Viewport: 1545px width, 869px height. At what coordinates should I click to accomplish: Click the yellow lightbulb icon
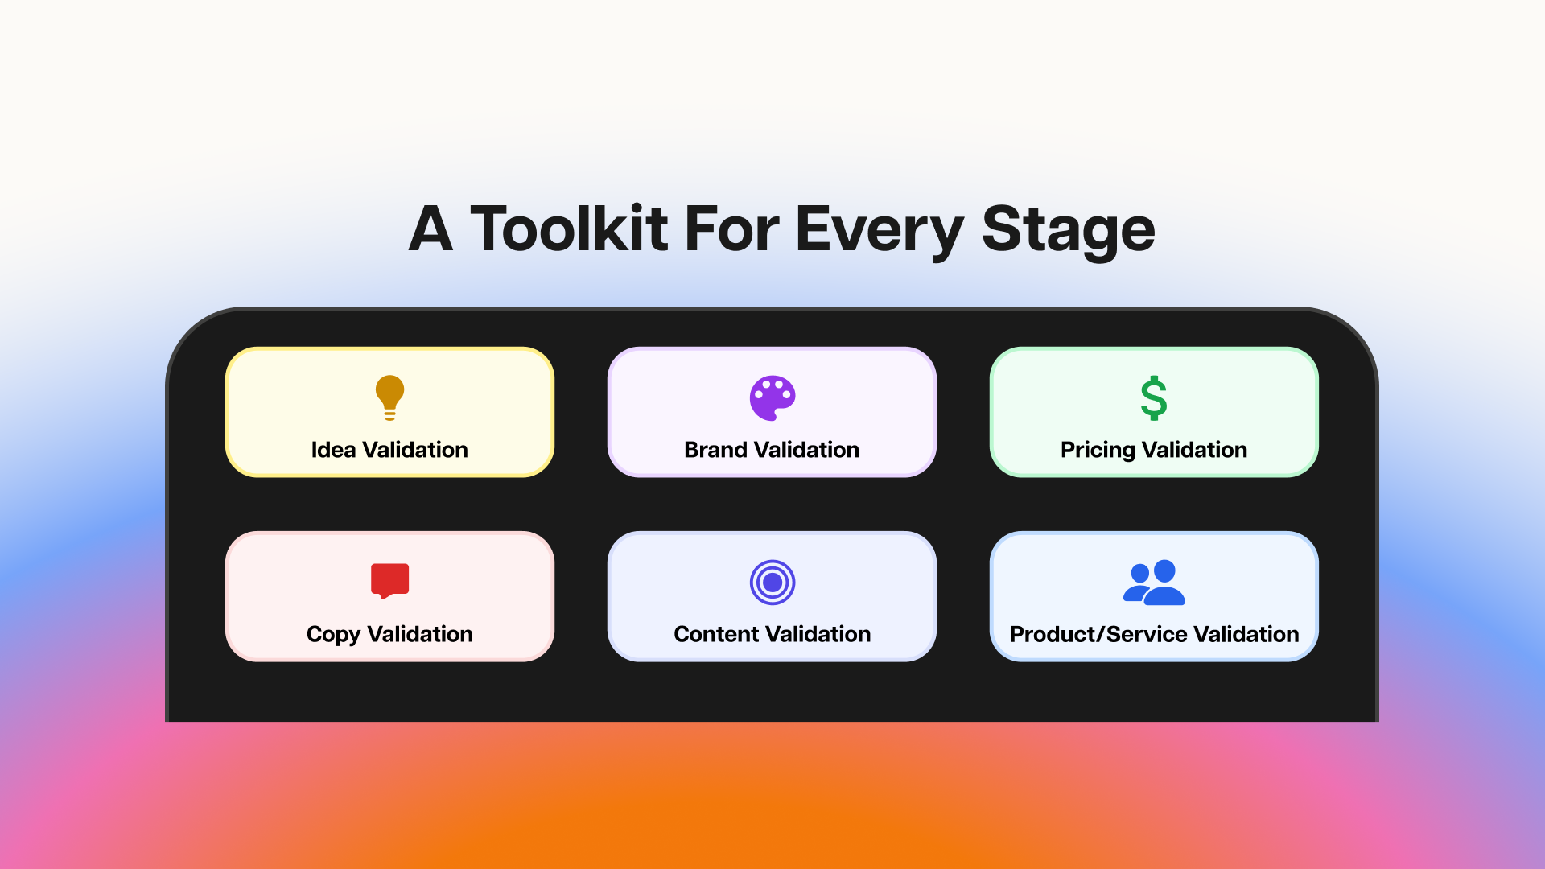(x=389, y=397)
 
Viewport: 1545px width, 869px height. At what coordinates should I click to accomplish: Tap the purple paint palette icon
(x=772, y=397)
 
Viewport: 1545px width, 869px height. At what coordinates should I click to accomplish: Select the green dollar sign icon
(x=1154, y=397)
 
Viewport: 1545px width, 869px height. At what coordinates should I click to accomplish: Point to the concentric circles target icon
(x=772, y=582)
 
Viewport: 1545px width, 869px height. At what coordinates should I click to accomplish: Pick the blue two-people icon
(x=1154, y=582)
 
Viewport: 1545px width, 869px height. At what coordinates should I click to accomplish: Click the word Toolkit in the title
(x=569, y=229)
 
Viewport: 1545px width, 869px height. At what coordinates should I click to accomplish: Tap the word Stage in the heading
(x=1069, y=232)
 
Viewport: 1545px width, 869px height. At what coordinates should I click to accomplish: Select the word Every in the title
(x=880, y=232)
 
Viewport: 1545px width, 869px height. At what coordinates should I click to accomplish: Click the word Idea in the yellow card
(x=333, y=449)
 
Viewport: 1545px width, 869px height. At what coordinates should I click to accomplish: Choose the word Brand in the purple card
(x=715, y=449)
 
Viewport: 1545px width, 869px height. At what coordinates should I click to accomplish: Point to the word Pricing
(x=1098, y=451)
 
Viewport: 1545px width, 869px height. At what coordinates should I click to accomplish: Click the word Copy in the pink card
(x=333, y=635)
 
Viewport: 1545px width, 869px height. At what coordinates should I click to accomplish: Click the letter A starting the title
(x=431, y=229)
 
